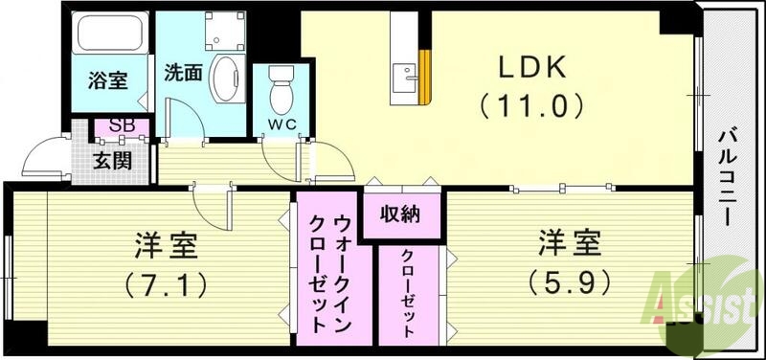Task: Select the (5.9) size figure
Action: pos(569,282)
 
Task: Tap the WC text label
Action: pos(281,124)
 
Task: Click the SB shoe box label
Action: pos(122,124)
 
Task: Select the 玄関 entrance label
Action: pos(112,159)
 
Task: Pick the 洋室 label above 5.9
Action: pos(569,245)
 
